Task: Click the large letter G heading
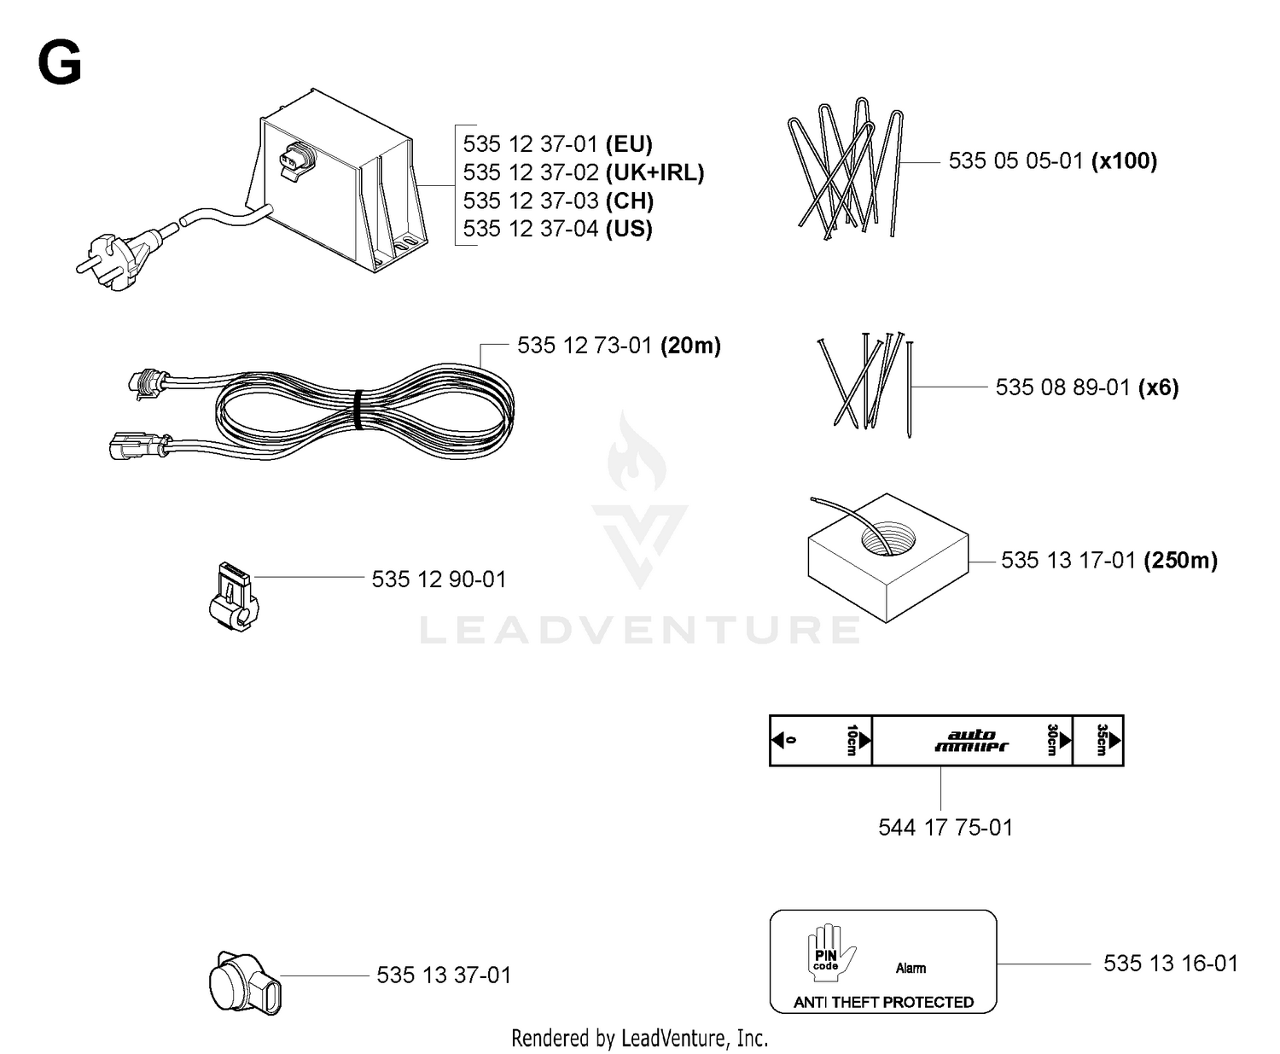point(59,62)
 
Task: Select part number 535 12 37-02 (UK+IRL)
point(583,172)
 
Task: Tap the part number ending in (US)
point(557,229)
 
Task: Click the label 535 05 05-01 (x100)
point(1052,161)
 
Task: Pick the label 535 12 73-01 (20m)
point(619,346)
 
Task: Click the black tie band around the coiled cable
point(358,410)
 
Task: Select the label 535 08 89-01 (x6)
point(1086,387)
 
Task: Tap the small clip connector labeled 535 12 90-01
point(233,597)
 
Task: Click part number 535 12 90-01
point(439,579)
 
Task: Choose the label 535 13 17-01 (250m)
point(1108,561)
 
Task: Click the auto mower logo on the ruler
point(972,741)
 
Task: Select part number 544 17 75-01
point(945,828)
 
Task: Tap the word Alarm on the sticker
point(911,968)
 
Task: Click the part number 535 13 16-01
point(1171,963)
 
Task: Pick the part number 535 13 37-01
point(444,975)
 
